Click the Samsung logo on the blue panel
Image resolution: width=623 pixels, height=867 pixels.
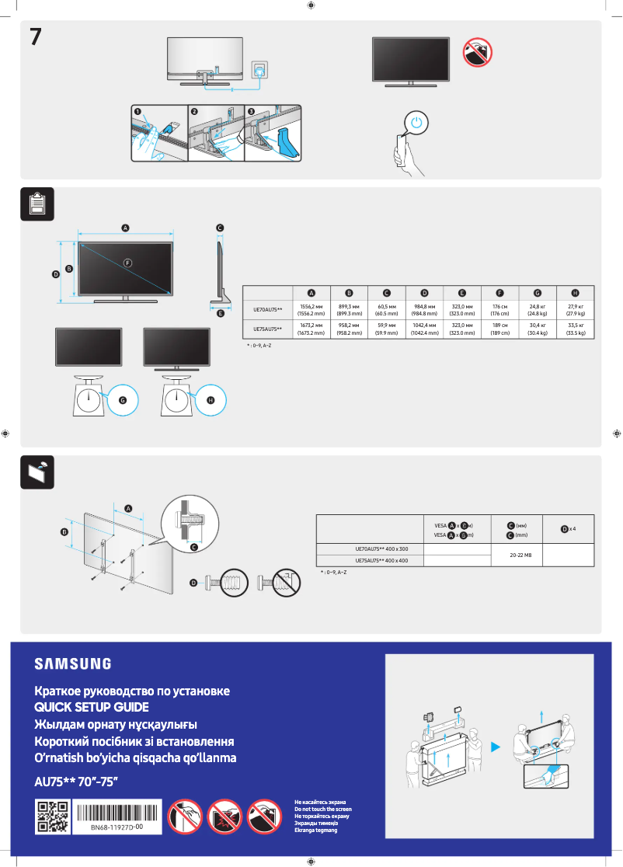coord(72,663)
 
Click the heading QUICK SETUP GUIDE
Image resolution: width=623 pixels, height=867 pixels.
coord(91,708)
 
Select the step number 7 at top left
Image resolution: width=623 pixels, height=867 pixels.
coord(36,37)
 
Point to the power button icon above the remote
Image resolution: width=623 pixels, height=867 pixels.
coord(417,123)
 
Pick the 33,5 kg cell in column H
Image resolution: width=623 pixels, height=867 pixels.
coord(575,329)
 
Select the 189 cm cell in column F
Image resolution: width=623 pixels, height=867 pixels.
coord(499,329)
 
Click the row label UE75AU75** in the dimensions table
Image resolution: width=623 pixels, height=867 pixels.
coord(268,329)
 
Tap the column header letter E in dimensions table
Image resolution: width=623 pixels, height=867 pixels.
coord(462,293)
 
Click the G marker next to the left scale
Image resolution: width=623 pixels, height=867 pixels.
coord(122,399)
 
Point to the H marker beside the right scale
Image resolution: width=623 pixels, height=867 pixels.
coord(211,399)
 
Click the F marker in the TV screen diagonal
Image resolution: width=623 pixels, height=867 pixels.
coord(127,262)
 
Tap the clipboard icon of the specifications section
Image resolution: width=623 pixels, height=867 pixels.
coord(36,204)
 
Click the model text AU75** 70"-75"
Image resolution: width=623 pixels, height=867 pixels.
coord(76,781)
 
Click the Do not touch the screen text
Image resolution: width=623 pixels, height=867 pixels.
coord(322,810)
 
